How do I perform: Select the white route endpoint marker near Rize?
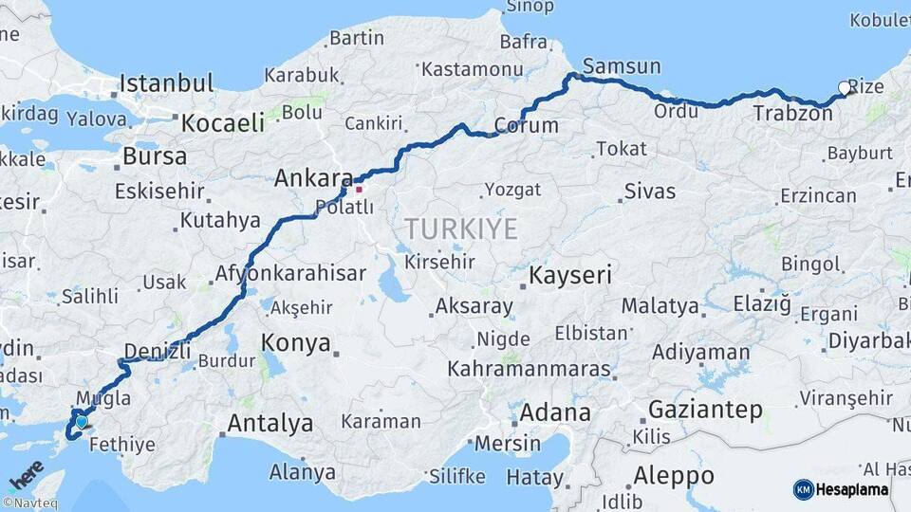point(845,88)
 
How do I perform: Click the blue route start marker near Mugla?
point(82,421)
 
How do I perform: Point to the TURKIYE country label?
point(461,229)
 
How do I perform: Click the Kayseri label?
point(570,276)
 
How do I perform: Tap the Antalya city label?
point(270,423)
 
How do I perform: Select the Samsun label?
point(622,65)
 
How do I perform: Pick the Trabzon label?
point(792,114)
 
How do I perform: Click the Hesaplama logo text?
point(852,489)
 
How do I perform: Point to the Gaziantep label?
point(705,411)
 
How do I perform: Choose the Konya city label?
point(296,342)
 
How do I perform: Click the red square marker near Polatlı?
point(359,189)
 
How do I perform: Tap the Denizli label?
point(158,352)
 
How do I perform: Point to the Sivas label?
point(650,192)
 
